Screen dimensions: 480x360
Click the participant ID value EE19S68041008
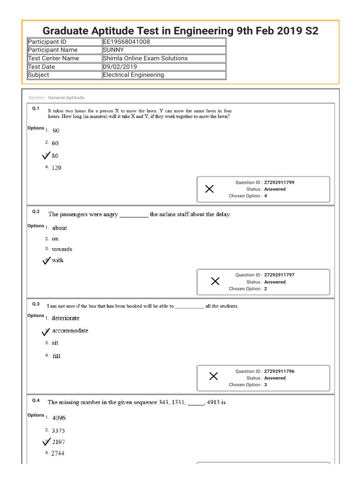click(x=127, y=42)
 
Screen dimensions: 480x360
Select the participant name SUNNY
click(x=114, y=50)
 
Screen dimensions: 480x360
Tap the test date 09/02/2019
click(x=120, y=67)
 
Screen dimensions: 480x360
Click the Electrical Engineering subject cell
click(x=134, y=75)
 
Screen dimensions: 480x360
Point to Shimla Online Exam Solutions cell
click(x=145, y=58)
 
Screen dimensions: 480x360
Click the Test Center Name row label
click(x=53, y=58)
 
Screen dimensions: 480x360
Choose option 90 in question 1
click(x=56, y=131)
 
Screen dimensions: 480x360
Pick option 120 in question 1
click(x=56, y=168)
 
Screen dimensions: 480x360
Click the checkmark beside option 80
click(x=46, y=156)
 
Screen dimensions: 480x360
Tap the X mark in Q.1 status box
click(x=210, y=189)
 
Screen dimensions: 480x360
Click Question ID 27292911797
click(x=279, y=275)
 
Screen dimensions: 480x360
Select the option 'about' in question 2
click(x=60, y=228)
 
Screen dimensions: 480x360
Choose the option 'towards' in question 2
click(x=62, y=249)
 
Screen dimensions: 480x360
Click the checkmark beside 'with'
click(x=46, y=261)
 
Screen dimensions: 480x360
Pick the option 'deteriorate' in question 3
click(x=66, y=318)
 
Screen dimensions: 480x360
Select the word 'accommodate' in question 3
click(x=70, y=330)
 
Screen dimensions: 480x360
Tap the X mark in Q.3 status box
click(x=213, y=376)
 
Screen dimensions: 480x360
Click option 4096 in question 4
click(x=59, y=418)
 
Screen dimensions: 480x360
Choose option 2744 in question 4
click(x=59, y=453)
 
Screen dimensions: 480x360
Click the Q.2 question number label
click(x=36, y=212)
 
